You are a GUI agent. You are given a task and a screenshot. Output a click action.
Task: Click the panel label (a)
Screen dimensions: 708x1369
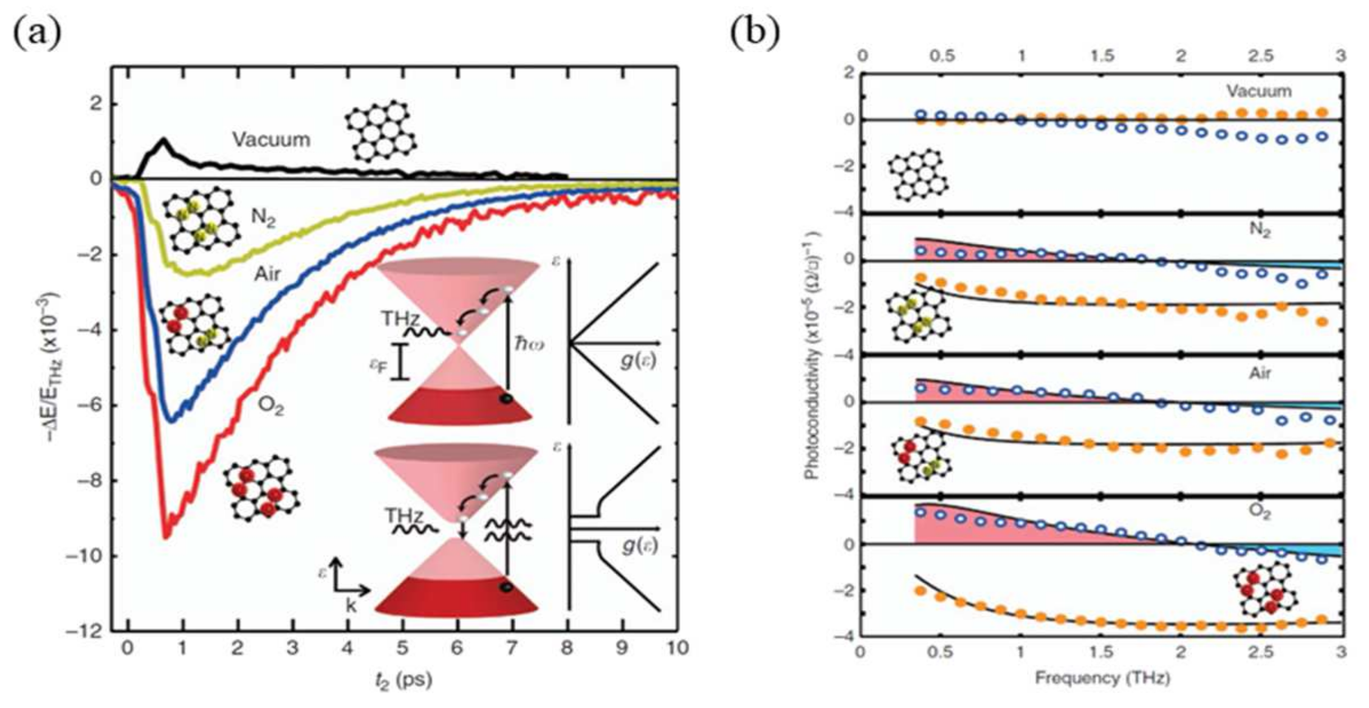pyautogui.click(x=37, y=34)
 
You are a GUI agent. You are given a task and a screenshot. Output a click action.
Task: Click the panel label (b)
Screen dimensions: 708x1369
pyautogui.click(x=755, y=34)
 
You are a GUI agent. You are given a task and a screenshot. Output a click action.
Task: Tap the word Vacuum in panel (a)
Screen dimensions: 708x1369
pyautogui.click(x=271, y=140)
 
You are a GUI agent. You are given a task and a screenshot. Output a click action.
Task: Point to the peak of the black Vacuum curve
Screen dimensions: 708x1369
pyautogui.click(x=163, y=140)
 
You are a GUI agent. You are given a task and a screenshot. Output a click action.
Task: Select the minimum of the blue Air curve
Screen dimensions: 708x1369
pyautogui.click(x=172, y=420)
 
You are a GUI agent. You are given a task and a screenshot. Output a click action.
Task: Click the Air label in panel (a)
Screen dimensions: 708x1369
pyautogui.click(x=267, y=274)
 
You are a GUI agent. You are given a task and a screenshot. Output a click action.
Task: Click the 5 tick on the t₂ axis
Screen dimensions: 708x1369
pyautogui.click(x=402, y=648)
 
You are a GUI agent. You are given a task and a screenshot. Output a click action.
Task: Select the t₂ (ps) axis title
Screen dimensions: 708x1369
pyautogui.click(x=403, y=679)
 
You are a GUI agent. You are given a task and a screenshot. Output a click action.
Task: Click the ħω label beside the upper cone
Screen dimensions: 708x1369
pyautogui.click(x=529, y=345)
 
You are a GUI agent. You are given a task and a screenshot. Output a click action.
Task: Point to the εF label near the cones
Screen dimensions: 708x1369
pyautogui.click(x=379, y=364)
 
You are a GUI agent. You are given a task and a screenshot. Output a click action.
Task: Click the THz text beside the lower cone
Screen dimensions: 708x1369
pyautogui.click(x=404, y=517)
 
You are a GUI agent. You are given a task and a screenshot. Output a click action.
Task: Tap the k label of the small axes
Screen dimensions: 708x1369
pyautogui.click(x=351, y=606)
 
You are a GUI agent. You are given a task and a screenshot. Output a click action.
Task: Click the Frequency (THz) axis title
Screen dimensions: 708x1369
pyautogui.click(x=1102, y=678)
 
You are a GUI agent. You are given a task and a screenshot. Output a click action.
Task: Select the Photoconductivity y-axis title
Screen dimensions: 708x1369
pyautogui.click(x=812, y=355)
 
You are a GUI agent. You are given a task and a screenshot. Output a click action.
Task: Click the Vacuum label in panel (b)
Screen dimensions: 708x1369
pyautogui.click(x=1258, y=91)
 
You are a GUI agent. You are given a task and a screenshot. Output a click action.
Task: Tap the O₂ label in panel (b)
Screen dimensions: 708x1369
pyautogui.click(x=1260, y=512)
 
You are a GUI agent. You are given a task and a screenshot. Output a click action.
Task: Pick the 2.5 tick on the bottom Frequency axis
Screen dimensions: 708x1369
pyautogui.click(x=1260, y=653)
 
